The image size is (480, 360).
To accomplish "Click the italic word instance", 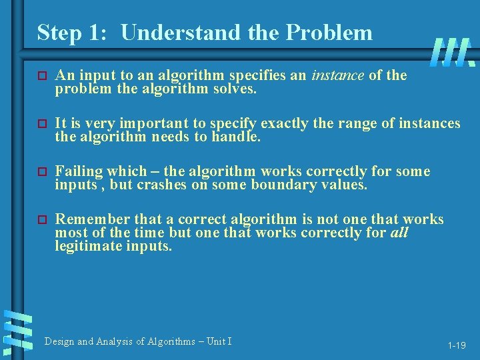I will coord(337,75).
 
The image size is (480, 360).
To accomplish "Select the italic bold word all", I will coord(399,233).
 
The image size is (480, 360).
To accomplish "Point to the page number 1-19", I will coord(457,345).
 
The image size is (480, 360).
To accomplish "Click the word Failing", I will coord(77,171).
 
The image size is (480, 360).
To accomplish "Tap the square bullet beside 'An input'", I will coord(41,76).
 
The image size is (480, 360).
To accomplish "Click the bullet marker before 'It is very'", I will coord(41,124).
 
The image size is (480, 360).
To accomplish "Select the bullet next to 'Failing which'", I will coord(41,172).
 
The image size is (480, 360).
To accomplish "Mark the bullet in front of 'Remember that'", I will coord(41,220).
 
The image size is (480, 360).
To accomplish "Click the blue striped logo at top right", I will coord(452,52).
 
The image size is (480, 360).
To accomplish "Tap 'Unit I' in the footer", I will coord(219,341).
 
